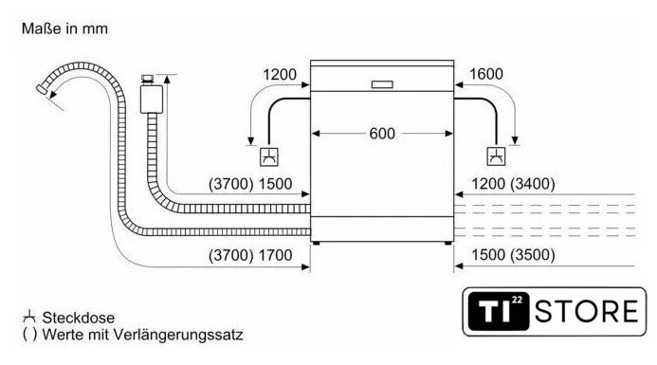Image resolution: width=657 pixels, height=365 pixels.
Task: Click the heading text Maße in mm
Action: (64, 28)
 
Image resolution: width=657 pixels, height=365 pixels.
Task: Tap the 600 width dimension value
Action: (382, 134)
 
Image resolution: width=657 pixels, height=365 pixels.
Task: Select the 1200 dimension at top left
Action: (280, 75)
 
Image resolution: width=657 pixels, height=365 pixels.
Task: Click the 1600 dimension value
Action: (486, 74)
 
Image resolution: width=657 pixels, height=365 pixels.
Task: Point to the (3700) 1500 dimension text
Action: (250, 184)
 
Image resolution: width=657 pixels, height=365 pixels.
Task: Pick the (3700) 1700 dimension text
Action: (250, 255)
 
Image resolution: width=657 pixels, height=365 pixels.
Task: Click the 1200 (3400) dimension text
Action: (513, 184)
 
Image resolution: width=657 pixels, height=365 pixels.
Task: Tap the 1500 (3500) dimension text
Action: (513, 255)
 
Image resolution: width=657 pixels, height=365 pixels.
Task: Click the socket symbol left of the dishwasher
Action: (268, 156)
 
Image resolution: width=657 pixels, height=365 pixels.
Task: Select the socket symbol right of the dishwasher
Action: (496, 156)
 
